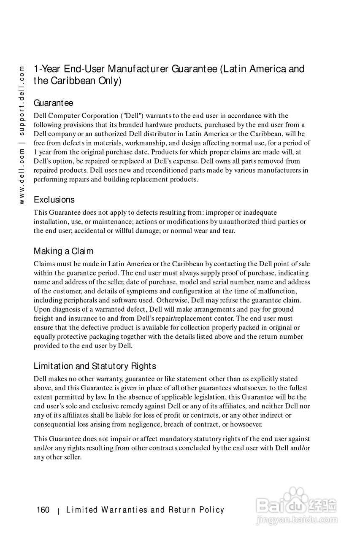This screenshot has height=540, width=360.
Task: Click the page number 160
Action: [x=43, y=510]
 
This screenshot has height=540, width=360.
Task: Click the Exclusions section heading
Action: [x=54, y=200]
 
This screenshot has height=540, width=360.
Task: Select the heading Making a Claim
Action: [x=63, y=251]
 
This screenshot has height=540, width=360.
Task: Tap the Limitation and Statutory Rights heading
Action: [x=95, y=366]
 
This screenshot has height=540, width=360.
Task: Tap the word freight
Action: [x=43, y=319]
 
